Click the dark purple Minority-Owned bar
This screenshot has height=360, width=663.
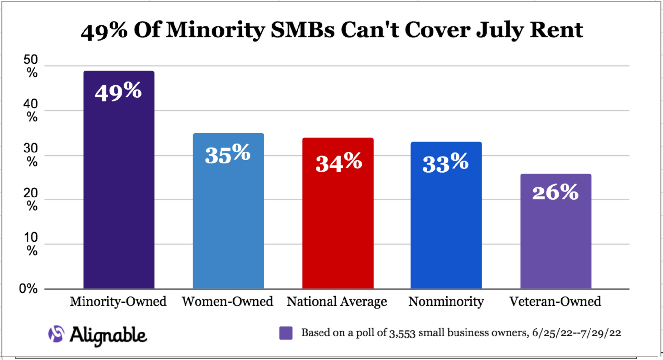[x=119, y=194]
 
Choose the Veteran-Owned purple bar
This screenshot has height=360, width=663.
[x=556, y=243]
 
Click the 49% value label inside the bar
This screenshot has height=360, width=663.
[x=118, y=92]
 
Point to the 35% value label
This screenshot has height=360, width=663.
[x=228, y=154]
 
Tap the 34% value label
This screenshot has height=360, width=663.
[x=338, y=163]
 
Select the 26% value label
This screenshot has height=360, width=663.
[x=555, y=192]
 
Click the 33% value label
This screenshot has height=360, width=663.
[x=445, y=163]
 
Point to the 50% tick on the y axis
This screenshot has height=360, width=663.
[x=31, y=66]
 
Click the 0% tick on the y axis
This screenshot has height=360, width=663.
[x=28, y=288]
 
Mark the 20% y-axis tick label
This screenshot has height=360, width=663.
[x=31, y=199]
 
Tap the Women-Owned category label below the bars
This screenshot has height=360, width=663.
[x=227, y=301]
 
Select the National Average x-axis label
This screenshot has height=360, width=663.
[x=337, y=301]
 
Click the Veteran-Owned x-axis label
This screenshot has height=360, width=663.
[x=555, y=301]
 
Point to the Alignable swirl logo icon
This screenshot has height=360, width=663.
[x=56, y=334]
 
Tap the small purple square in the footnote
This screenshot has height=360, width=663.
[x=286, y=333]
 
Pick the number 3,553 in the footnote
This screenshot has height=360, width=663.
[x=402, y=333]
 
